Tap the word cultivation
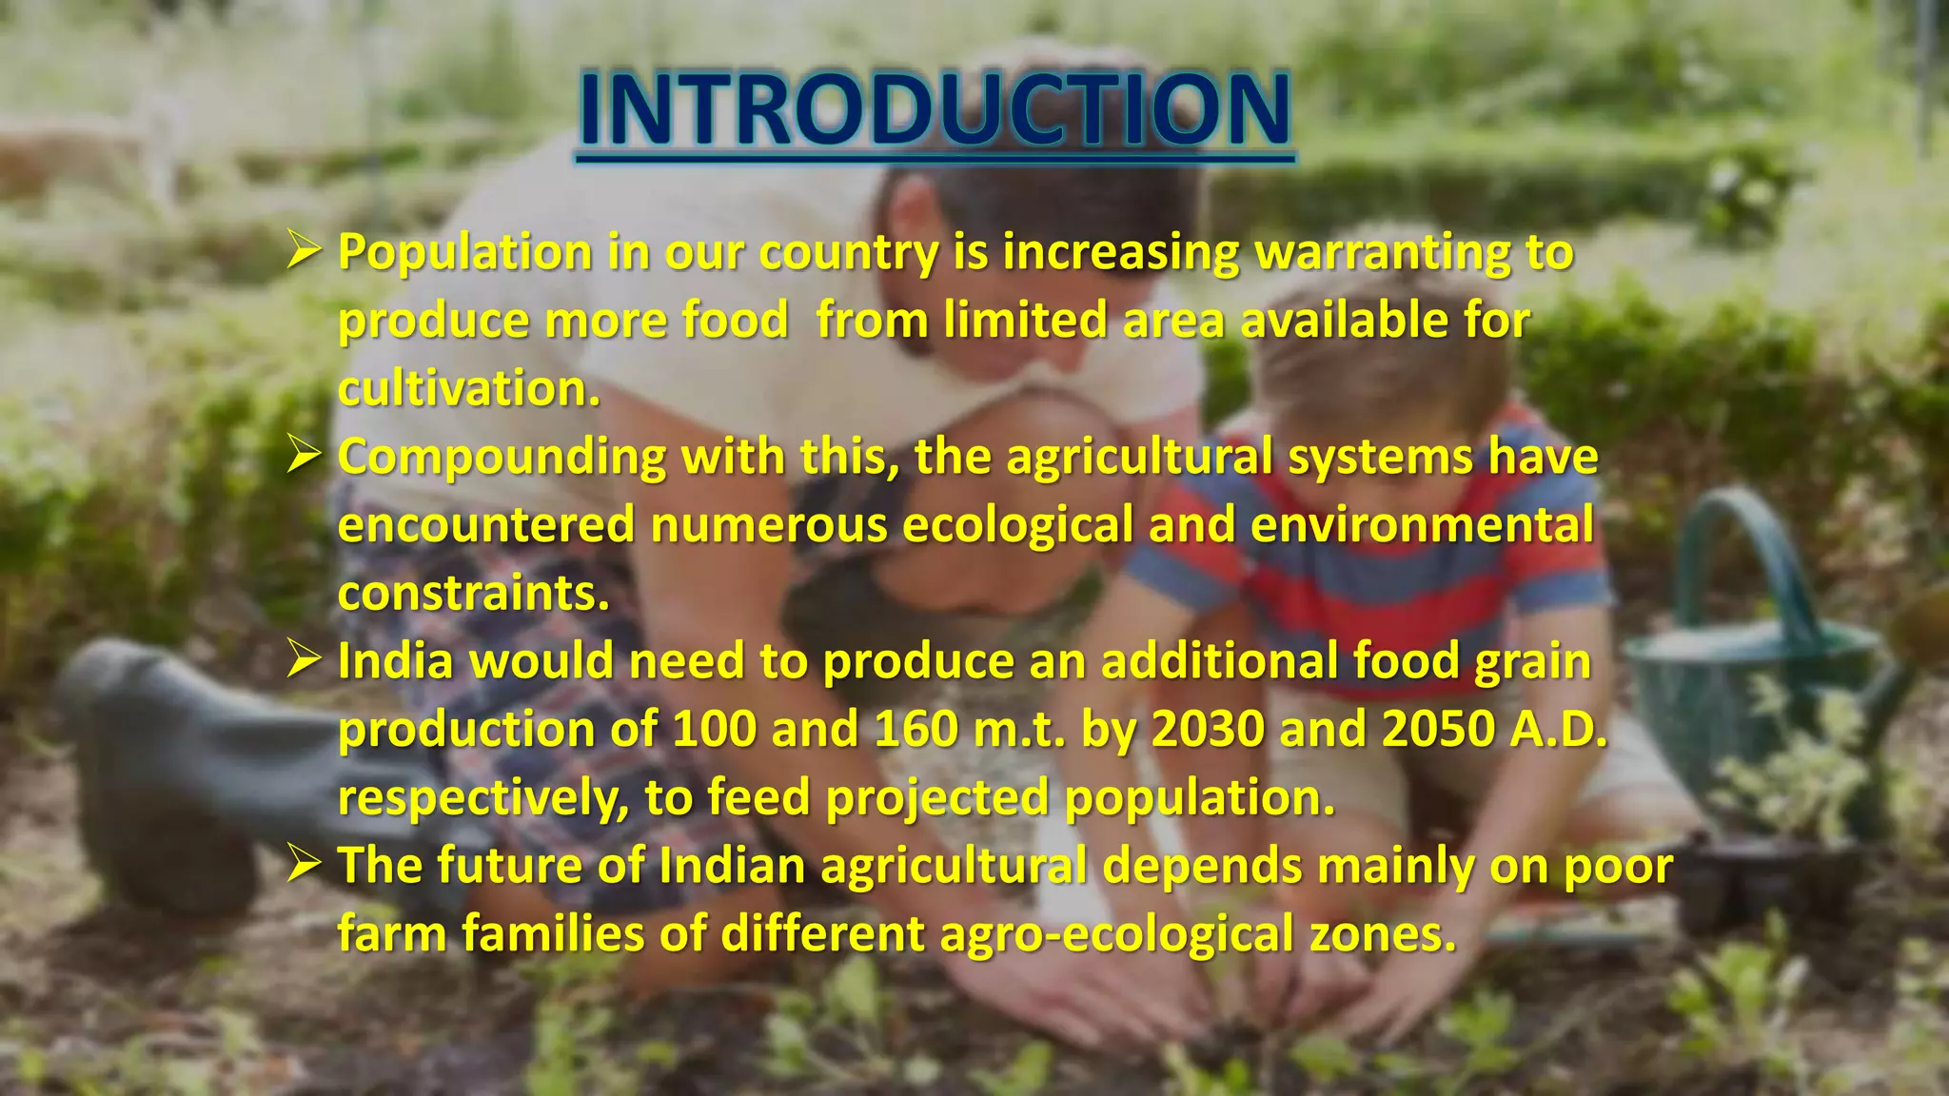pyautogui.click(x=469, y=389)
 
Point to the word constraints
pyautogui.click(x=473, y=594)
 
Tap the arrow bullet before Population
pyautogui.click(x=304, y=252)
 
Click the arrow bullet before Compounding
pyautogui.click(x=304, y=457)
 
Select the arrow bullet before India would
pyautogui.click(x=304, y=660)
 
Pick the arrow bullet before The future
pyautogui.click(x=304, y=865)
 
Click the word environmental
pyautogui.click(x=1422, y=525)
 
